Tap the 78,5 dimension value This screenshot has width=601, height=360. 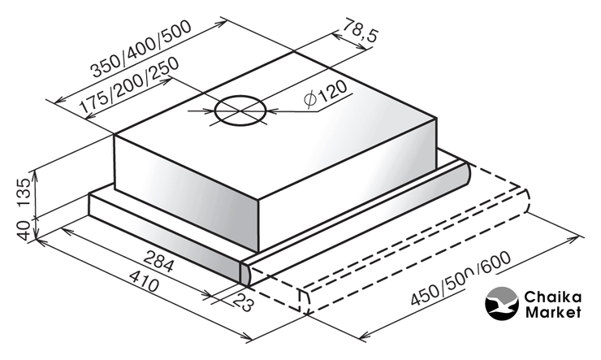(x=360, y=30)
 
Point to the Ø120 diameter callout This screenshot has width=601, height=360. (x=325, y=94)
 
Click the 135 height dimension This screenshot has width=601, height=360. (x=24, y=193)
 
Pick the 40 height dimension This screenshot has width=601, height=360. (x=24, y=231)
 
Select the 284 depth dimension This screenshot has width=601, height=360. (x=159, y=261)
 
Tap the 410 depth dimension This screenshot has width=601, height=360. (x=144, y=280)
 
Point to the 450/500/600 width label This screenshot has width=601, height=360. (x=460, y=278)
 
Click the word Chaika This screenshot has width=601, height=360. (x=553, y=297)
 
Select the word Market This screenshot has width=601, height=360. (x=553, y=312)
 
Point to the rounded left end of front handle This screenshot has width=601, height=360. (x=246, y=273)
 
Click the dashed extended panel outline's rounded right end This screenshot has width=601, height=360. (x=526, y=202)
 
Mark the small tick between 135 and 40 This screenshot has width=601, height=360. (x=36, y=218)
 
